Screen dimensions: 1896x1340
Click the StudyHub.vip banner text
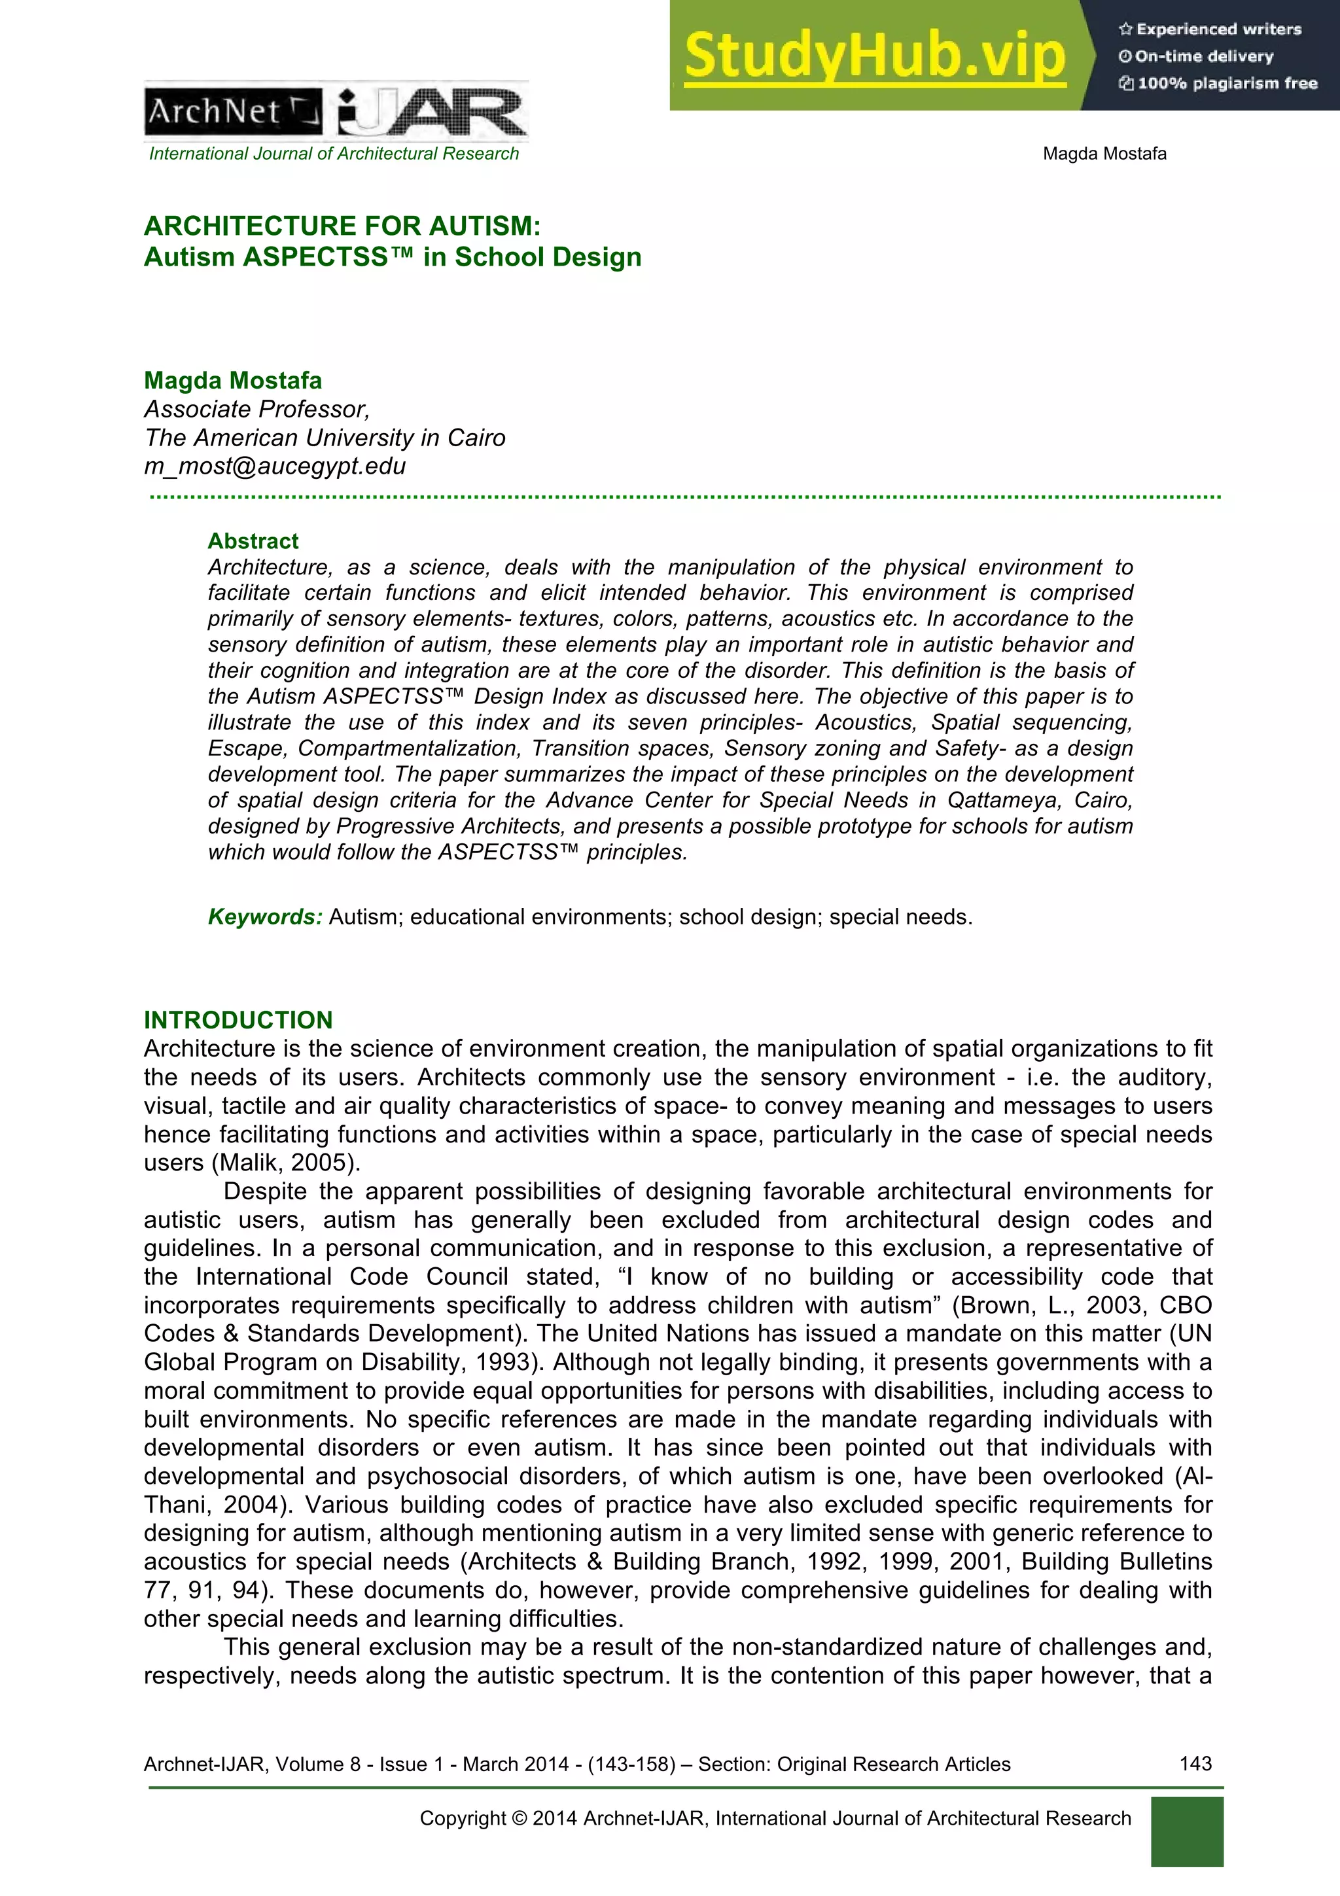pyautogui.click(x=874, y=56)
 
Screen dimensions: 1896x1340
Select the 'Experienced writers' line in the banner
pyautogui.click(x=1210, y=29)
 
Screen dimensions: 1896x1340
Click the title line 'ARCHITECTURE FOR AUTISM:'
pyautogui.click(x=342, y=226)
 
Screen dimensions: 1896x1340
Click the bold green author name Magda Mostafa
pyautogui.click(x=233, y=380)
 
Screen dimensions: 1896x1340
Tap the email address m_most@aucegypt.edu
pyautogui.click(x=275, y=466)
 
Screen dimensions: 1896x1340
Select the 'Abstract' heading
pyautogui.click(x=253, y=541)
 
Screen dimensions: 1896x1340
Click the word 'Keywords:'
pyautogui.click(x=264, y=917)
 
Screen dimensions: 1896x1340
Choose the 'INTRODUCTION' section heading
pyautogui.click(x=238, y=1020)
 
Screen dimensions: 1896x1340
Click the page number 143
pyautogui.click(x=1195, y=1764)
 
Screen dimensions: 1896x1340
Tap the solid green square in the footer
pyautogui.click(x=1186, y=1832)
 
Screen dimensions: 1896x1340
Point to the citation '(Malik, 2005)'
pyautogui.click(x=287, y=1163)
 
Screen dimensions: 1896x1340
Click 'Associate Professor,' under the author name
pyautogui.click(x=256, y=409)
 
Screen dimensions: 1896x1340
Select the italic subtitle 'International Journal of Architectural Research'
pyautogui.click(x=334, y=154)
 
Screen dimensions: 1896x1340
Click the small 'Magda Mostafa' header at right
pyautogui.click(x=1104, y=154)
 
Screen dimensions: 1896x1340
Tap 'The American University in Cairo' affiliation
pyautogui.click(x=325, y=438)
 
